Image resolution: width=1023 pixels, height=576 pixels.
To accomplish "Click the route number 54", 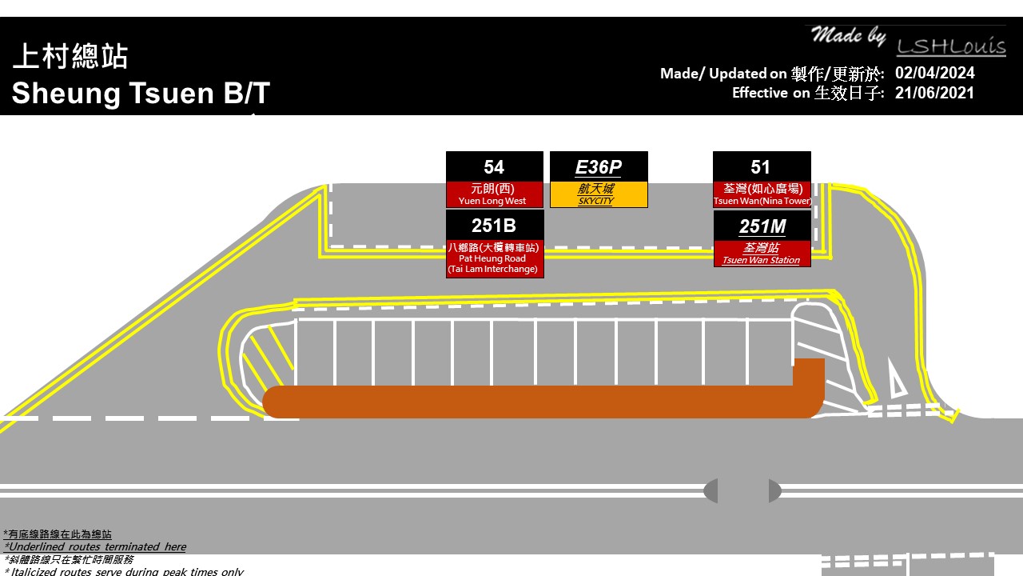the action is [x=494, y=167].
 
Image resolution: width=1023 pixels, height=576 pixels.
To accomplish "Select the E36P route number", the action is [x=599, y=167].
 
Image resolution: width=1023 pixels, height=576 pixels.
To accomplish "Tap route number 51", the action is [x=761, y=167].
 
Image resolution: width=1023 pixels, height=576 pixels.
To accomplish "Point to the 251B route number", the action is [x=494, y=226].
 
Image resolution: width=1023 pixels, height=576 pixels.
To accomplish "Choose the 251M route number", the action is [x=762, y=226].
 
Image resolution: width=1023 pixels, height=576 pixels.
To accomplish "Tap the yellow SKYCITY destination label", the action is [x=599, y=194].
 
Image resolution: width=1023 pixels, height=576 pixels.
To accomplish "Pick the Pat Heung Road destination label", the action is [x=494, y=258].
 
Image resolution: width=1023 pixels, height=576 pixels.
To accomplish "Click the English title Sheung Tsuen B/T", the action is [x=141, y=94].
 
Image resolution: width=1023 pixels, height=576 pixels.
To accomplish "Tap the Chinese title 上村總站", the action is [x=70, y=57].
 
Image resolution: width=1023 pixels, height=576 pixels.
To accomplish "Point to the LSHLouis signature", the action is [x=950, y=46].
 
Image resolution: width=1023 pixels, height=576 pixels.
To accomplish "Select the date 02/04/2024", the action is [x=934, y=74].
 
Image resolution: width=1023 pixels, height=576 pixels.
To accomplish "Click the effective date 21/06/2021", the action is [x=934, y=93].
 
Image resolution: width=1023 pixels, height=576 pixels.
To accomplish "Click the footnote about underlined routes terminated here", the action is [x=95, y=547].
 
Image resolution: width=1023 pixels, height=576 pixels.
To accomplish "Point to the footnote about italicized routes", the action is [x=124, y=571].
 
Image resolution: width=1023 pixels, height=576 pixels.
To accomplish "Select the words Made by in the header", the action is [x=848, y=36].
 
